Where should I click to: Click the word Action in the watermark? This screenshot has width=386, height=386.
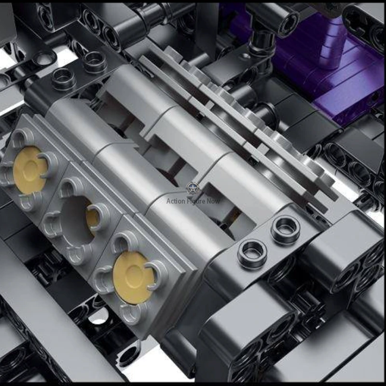[176, 201]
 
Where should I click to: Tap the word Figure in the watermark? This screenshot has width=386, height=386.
[195, 201]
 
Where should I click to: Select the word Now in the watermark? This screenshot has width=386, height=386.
[213, 201]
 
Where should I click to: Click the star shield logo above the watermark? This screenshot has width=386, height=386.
[193, 188]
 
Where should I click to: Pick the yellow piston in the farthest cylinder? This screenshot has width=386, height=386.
[29, 170]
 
